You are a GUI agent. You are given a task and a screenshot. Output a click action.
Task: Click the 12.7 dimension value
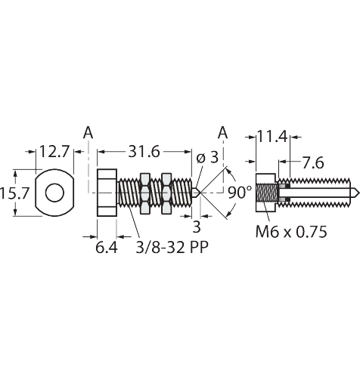54,152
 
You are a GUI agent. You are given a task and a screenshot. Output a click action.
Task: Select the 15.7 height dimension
14,193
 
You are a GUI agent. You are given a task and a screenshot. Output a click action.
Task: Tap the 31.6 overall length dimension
144,152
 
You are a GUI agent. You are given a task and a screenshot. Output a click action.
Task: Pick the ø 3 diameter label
206,157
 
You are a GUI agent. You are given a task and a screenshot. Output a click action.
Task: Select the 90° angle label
239,193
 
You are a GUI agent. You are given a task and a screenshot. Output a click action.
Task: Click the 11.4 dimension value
272,137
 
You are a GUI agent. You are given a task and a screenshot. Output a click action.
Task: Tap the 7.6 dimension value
310,162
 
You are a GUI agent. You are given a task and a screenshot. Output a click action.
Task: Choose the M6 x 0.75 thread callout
291,233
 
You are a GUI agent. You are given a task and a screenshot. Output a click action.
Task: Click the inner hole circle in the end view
54,193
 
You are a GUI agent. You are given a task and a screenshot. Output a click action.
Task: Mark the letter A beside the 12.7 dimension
88,133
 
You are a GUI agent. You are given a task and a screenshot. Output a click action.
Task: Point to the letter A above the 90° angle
222,133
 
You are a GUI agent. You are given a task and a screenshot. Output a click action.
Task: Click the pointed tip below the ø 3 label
195,193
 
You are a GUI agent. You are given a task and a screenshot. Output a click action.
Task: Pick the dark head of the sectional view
265,193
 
